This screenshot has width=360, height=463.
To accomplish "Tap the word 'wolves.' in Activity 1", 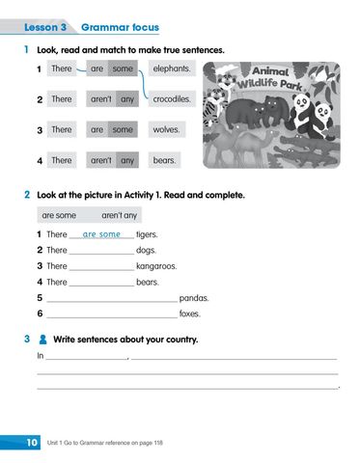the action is (167, 129).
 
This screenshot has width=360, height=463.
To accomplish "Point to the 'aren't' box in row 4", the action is (100, 160).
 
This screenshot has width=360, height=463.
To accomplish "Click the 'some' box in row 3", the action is (123, 129).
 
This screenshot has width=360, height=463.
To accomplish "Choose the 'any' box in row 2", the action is (127, 98).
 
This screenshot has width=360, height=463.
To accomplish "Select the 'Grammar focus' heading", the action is (121, 27).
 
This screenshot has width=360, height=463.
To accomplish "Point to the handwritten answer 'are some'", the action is (101, 234).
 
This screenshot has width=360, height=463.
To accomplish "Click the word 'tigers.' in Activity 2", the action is (147, 234).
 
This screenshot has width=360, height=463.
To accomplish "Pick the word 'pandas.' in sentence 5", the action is (194, 298).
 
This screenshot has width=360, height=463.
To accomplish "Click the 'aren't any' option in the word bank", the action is (120, 215).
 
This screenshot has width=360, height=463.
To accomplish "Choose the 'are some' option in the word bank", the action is (59, 215).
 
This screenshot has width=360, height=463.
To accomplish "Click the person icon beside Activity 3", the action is (42, 340).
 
